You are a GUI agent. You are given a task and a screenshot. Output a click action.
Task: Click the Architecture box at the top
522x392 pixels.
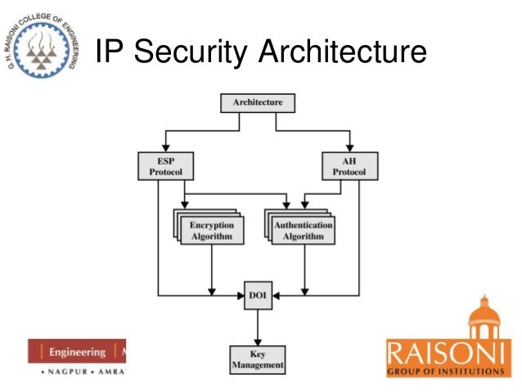click(x=258, y=103)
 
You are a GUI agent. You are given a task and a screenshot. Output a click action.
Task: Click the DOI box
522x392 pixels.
click(x=258, y=295)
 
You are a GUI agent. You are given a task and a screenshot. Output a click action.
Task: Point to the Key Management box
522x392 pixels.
click(x=257, y=359)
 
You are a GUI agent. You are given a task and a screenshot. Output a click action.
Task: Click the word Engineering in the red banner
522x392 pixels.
click(x=77, y=353)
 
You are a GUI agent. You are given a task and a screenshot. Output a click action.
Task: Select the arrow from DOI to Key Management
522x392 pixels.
click(x=258, y=327)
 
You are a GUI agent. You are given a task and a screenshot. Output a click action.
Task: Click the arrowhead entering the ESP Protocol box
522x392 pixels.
click(x=164, y=148)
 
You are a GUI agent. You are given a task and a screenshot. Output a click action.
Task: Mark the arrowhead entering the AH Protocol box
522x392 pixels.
click(x=350, y=148)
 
